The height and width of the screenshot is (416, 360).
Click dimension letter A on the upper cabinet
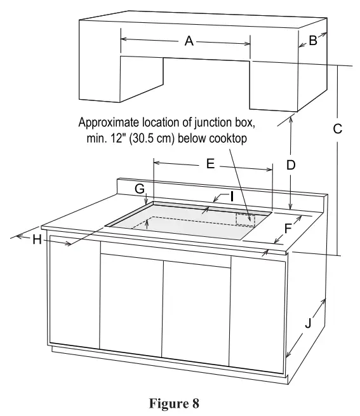(x=189, y=41)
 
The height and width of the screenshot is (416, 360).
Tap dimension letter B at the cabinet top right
(x=312, y=41)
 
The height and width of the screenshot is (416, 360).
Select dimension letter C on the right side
(x=338, y=128)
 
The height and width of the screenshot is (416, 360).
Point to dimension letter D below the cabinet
(x=290, y=165)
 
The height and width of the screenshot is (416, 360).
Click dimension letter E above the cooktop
(x=211, y=163)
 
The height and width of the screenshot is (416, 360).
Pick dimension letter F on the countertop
(x=288, y=227)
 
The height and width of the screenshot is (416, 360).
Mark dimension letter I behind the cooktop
(x=232, y=196)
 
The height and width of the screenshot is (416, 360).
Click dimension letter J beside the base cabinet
(x=308, y=323)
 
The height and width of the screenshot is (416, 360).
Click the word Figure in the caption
(x=170, y=403)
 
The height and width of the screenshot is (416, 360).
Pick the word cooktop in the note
(x=226, y=137)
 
